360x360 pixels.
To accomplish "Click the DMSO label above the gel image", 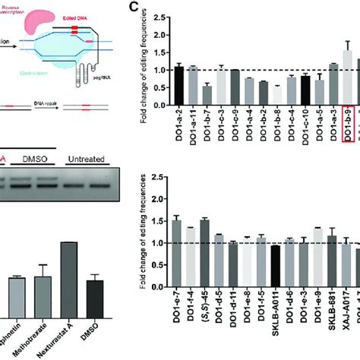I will [30, 159].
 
